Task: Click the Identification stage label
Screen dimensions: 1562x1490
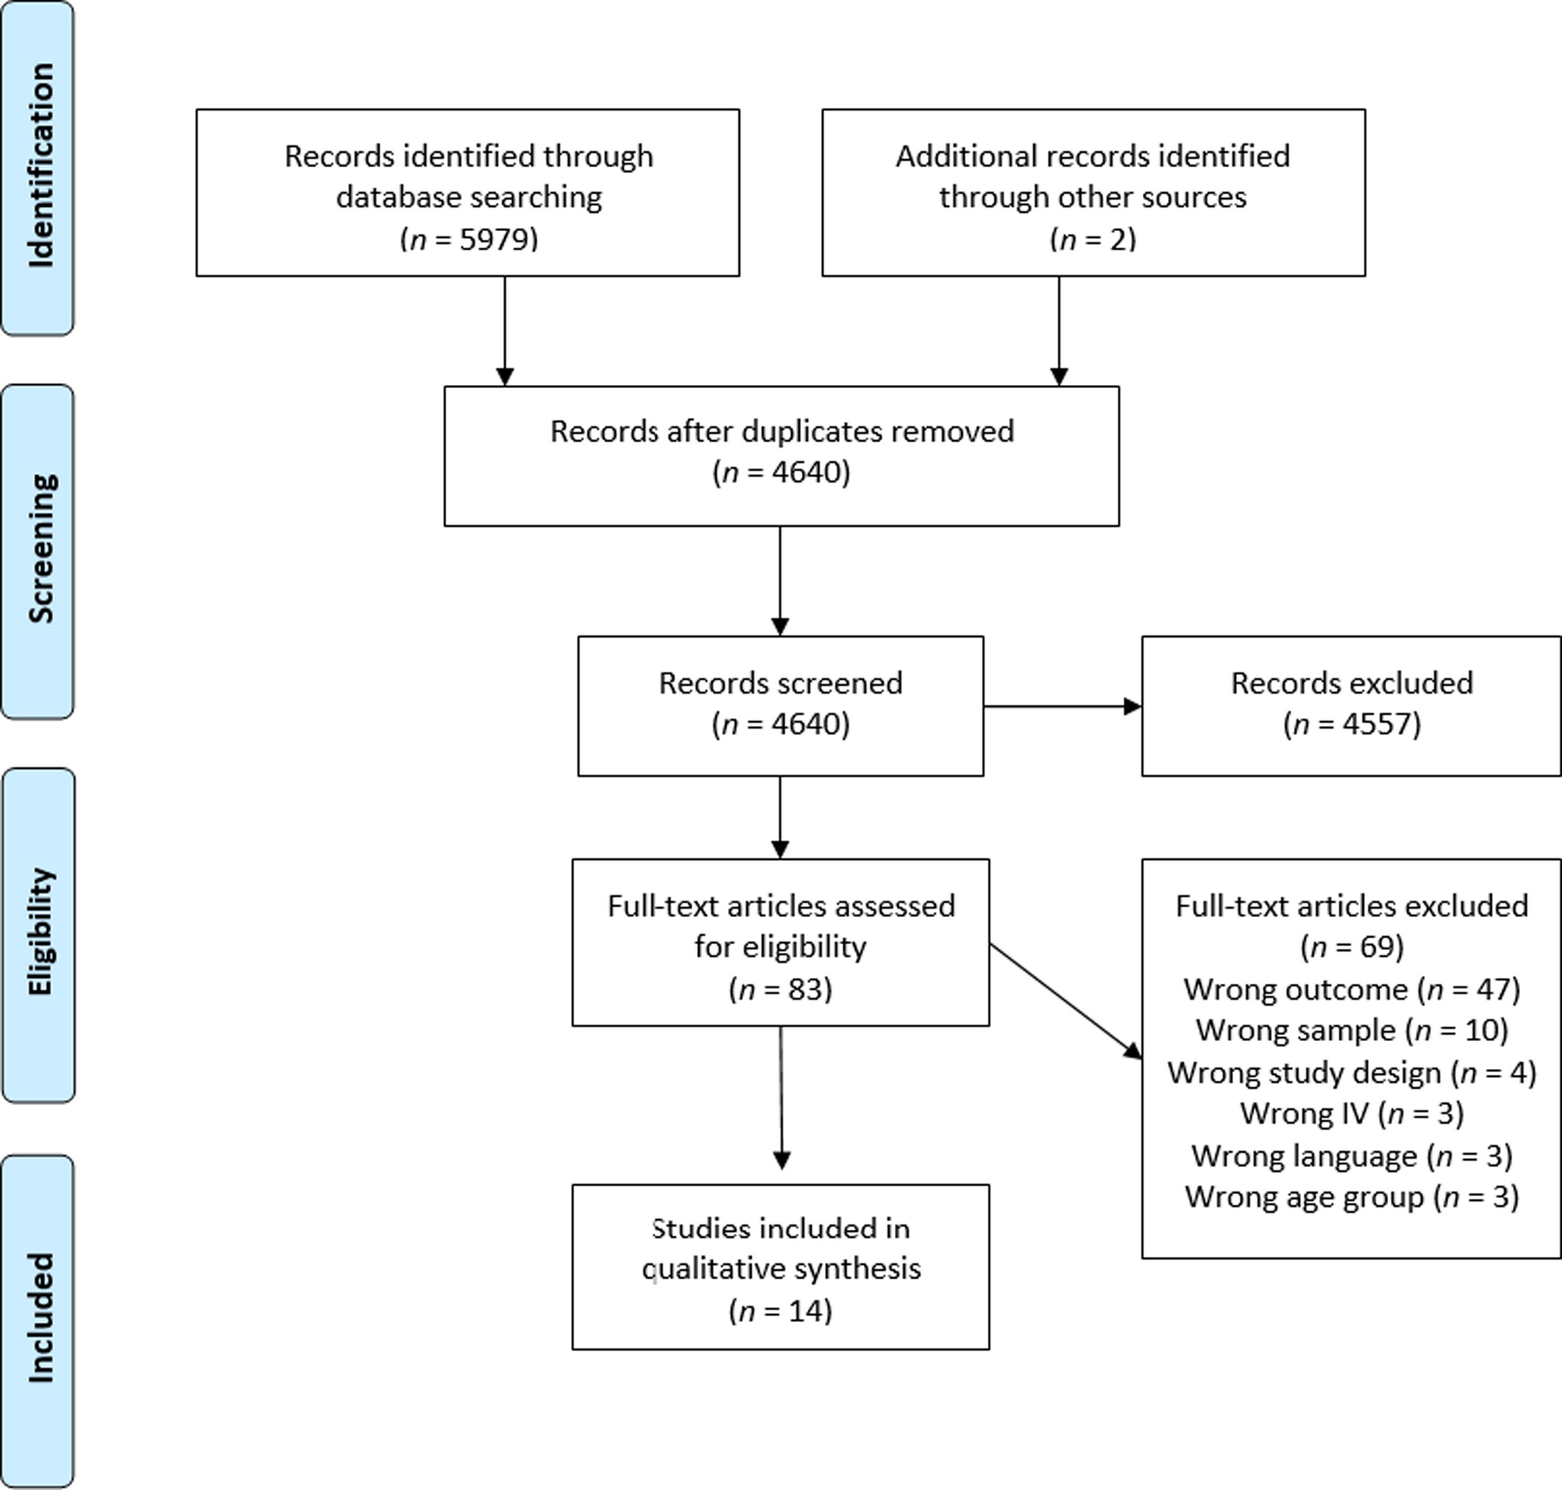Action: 40,165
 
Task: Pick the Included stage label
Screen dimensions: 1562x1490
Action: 40,1318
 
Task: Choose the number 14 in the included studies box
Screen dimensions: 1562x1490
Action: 806,1311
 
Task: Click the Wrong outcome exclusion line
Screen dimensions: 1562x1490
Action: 1351,990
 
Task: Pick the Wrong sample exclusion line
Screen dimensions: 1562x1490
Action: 1351,1031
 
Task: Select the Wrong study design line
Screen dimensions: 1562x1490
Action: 1351,1073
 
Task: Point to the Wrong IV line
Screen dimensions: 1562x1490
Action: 1351,1114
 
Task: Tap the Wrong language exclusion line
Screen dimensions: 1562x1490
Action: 1351,1155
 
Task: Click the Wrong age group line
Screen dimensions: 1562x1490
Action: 1351,1197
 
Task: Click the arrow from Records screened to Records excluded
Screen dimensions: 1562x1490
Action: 1062,706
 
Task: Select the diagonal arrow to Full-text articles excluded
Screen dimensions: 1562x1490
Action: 1065,1001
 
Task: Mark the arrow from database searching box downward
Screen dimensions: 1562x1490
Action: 504,331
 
